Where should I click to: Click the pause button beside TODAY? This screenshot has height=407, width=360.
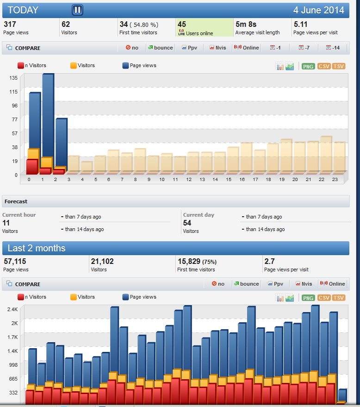click(77, 10)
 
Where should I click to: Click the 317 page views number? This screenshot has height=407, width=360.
click(10, 25)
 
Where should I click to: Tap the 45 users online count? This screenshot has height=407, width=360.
click(182, 25)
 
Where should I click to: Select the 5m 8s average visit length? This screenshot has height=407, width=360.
click(246, 25)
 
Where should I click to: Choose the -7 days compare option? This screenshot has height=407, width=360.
click(304, 48)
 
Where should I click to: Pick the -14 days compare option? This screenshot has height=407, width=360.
click(333, 48)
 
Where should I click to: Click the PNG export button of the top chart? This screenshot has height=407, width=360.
click(308, 67)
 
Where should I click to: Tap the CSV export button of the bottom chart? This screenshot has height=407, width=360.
click(324, 298)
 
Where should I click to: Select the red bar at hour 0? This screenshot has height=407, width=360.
click(32, 167)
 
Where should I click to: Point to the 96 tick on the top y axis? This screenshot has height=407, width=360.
click(14, 106)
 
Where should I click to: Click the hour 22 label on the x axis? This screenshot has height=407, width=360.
click(322, 179)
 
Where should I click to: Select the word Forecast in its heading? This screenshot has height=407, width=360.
click(16, 201)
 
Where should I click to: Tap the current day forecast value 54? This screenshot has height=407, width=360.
click(187, 223)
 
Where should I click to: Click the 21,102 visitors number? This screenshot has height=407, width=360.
click(102, 262)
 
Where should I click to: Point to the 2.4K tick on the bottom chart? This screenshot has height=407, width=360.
click(12, 309)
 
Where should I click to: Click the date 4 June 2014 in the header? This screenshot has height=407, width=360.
click(319, 10)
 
